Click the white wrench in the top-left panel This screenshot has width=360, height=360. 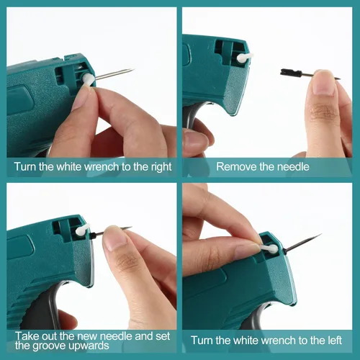click(x=89, y=79)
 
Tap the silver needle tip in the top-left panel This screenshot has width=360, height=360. click(x=134, y=69)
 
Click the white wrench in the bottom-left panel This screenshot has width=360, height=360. click(x=82, y=230)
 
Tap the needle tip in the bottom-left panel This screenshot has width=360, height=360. click(x=130, y=227)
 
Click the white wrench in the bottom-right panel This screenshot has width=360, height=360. click(x=269, y=248)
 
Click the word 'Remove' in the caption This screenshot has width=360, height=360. click(x=237, y=167)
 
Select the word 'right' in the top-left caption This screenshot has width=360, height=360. click(x=161, y=167)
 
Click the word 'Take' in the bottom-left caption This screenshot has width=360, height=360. click(x=27, y=336)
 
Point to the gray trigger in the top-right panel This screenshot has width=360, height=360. click(x=192, y=117)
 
